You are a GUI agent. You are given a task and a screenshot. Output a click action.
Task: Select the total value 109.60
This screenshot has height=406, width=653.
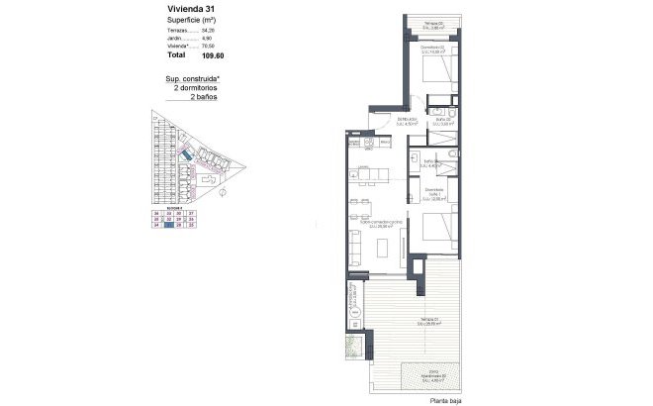click(202, 55)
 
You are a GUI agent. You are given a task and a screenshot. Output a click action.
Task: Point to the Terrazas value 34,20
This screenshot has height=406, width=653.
click(207, 31)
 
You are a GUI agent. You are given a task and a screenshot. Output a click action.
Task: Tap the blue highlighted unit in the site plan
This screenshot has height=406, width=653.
click(186, 156)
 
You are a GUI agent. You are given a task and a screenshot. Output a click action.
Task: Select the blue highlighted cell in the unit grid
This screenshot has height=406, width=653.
click(169, 226)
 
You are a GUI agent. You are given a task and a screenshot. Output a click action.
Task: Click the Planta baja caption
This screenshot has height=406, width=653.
click(446, 400)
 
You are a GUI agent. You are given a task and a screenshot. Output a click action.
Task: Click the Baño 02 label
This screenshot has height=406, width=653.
click(442, 122)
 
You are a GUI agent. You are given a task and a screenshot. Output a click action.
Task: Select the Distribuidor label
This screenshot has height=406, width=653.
click(408, 121)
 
